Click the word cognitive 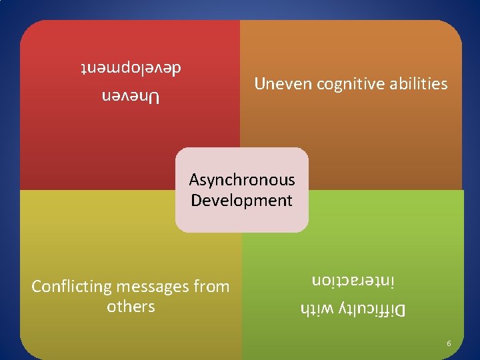point(349,85)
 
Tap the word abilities point(417,84)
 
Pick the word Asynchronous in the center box point(241,180)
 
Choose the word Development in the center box point(241,200)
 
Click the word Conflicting point(71,287)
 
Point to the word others point(131,307)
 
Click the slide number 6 point(449,343)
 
